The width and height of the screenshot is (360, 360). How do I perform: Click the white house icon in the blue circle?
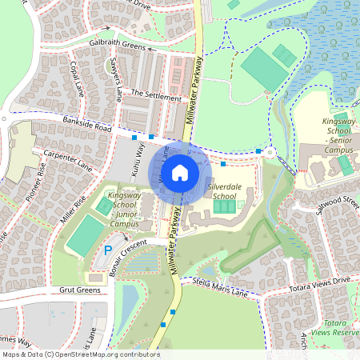[180, 172]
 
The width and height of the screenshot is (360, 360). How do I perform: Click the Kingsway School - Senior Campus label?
[337, 135]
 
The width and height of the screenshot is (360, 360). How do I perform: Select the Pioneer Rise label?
[35, 184]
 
